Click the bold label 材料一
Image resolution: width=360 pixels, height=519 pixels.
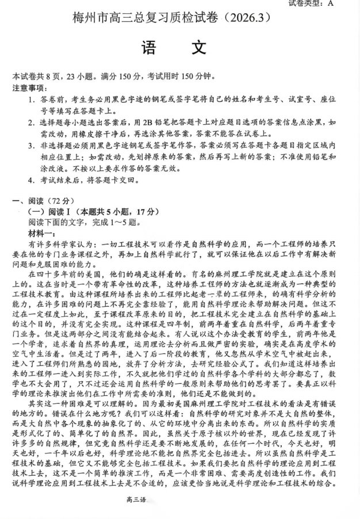pos(41,232)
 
